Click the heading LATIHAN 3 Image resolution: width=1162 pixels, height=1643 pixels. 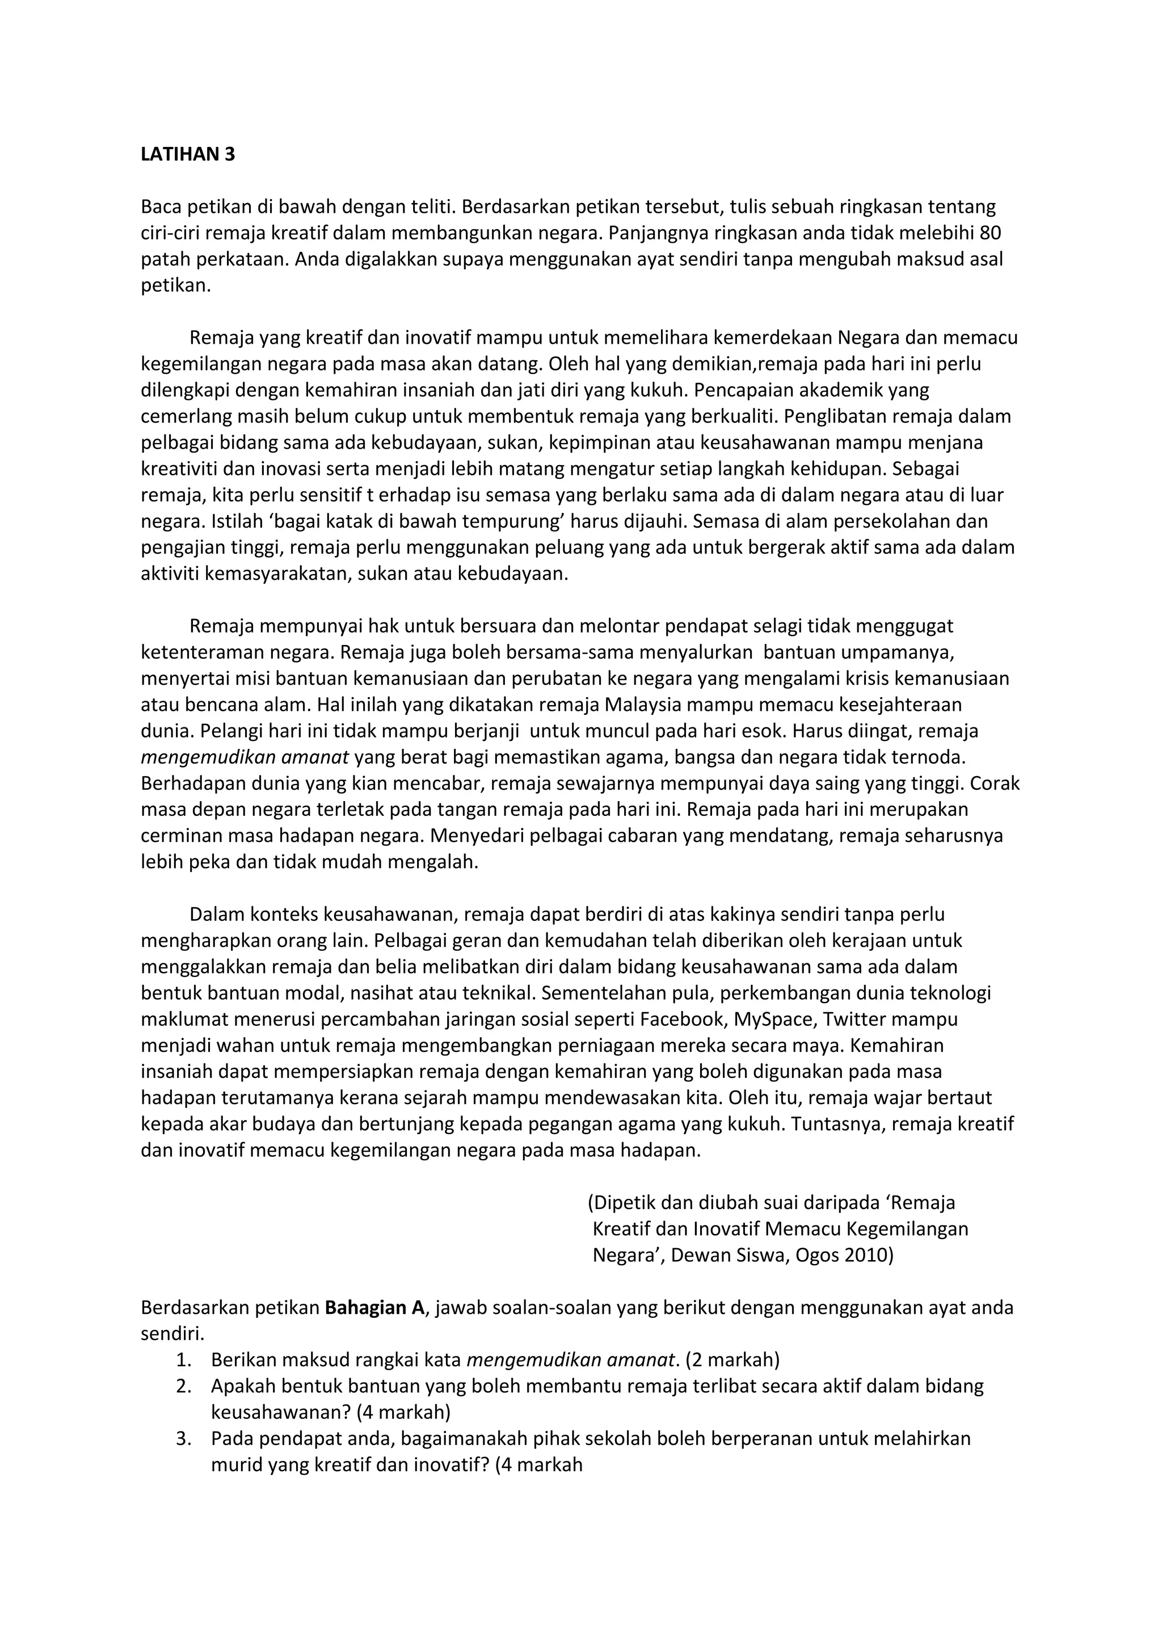(187, 154)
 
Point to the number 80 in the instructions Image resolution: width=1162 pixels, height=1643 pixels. (990, 233)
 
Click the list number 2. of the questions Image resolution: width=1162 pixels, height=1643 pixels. (184, 1386)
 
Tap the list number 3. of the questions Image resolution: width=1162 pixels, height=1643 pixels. (184, 1438)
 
